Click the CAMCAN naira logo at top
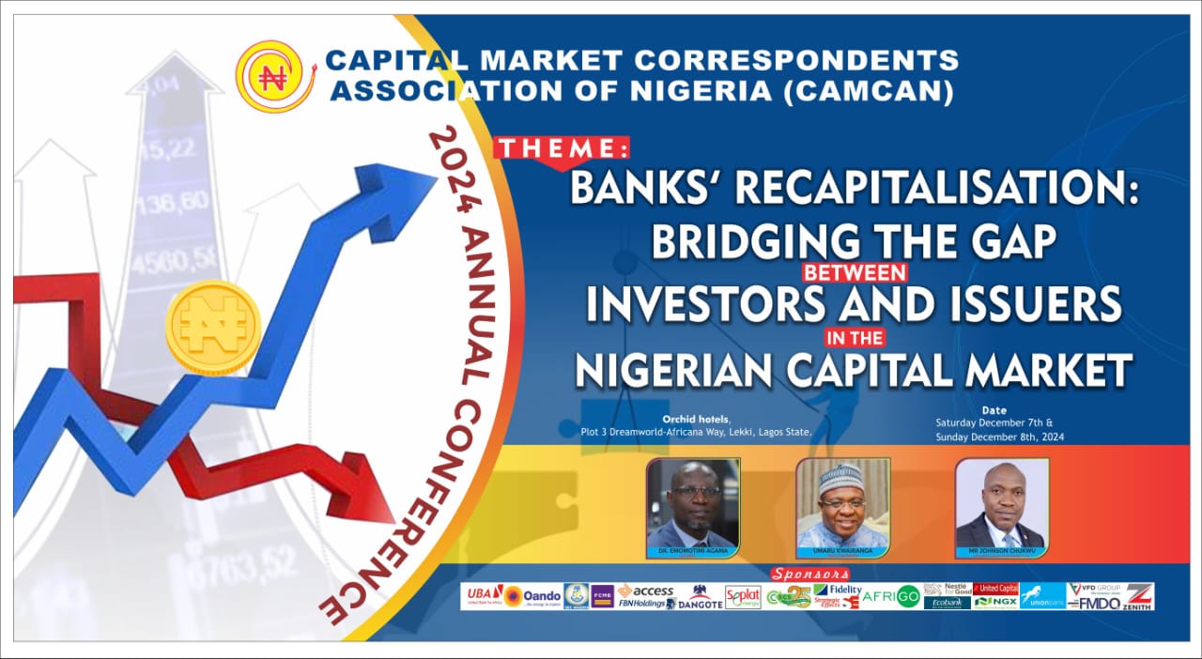tap(274, 76)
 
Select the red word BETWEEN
tap(854, 271)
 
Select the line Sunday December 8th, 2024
tap(999, 437)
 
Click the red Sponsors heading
tap(809, 574)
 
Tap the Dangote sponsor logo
tap(700, 597)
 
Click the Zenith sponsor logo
tap(1138, 596)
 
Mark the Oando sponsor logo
tap(532, 596)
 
